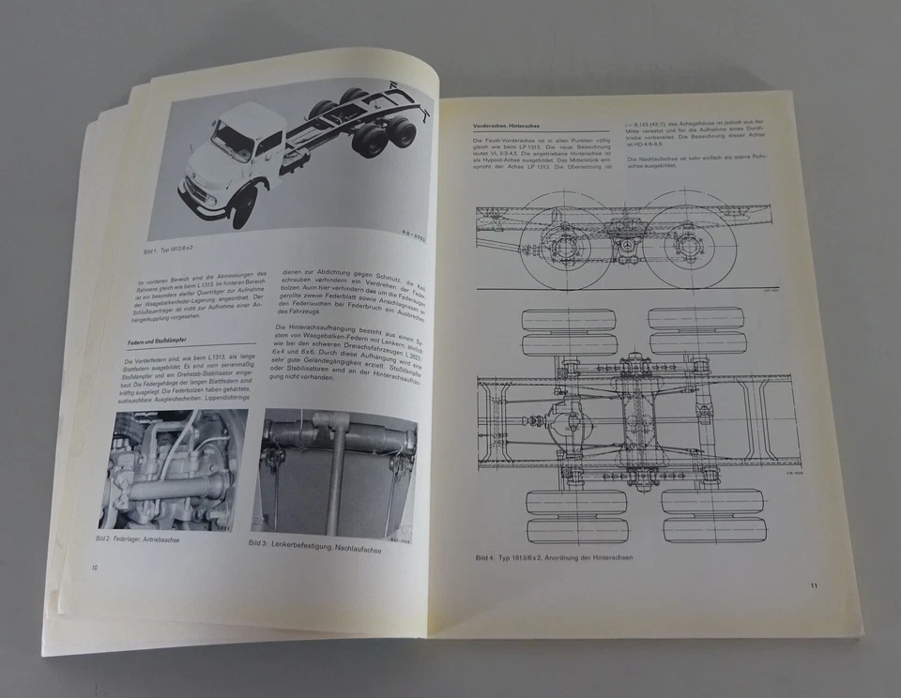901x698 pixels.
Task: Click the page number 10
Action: click(x=94, y=568)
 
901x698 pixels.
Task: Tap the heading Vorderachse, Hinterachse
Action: click(x=512, y=123)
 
